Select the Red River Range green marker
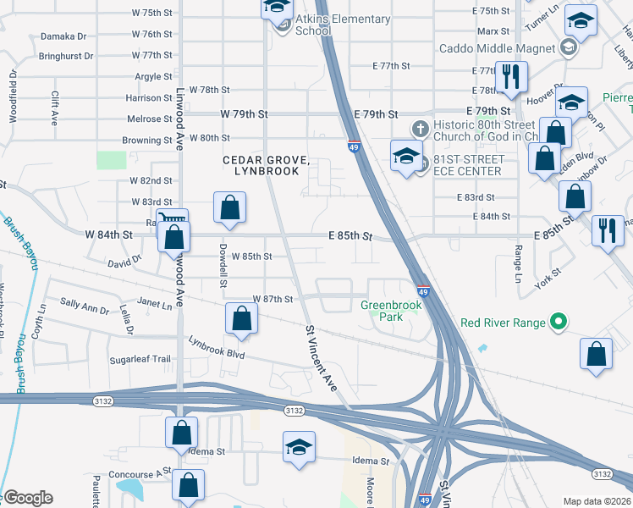pos(558,323)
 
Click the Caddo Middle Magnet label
pos(497,47)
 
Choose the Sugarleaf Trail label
pos(140,359)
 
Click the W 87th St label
pos(272,299)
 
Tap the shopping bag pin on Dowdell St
pos(241,319)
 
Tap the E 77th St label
pos(391,66)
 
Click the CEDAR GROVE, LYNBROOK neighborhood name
pos(261,165)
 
